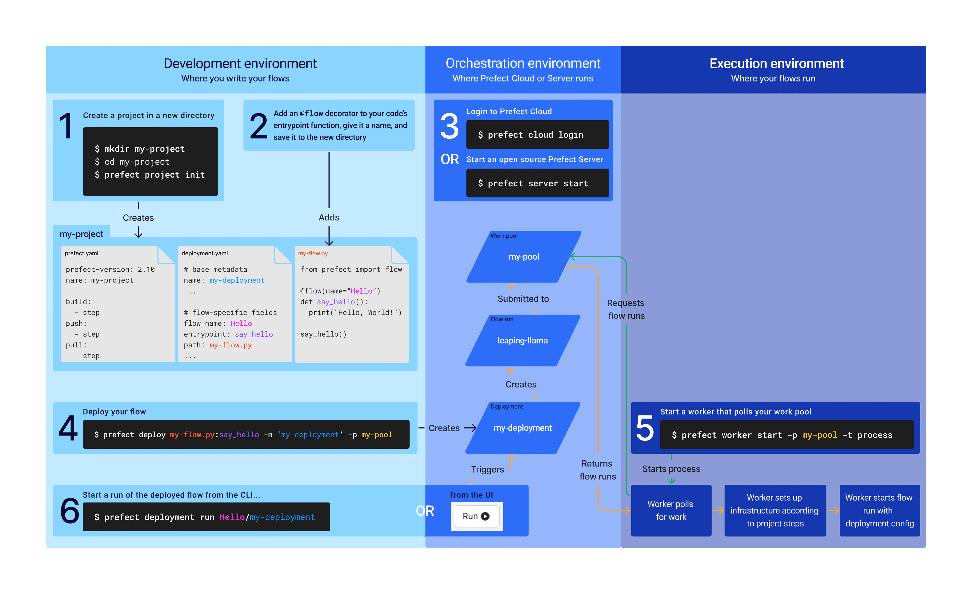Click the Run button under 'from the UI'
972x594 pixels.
[476, 516]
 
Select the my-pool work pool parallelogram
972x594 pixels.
[523, 257]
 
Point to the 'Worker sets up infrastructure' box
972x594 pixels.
[775, 510]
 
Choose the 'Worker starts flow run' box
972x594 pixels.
[879, 510]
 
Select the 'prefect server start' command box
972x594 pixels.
[537, 183]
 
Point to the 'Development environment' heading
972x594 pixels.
[240, 64]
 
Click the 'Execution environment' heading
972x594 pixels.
[776, 64]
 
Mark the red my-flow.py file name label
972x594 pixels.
[313, 253]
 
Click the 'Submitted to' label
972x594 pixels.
[523, 299]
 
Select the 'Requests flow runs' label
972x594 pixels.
[626, 309]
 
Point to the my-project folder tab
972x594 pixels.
[81, 234]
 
